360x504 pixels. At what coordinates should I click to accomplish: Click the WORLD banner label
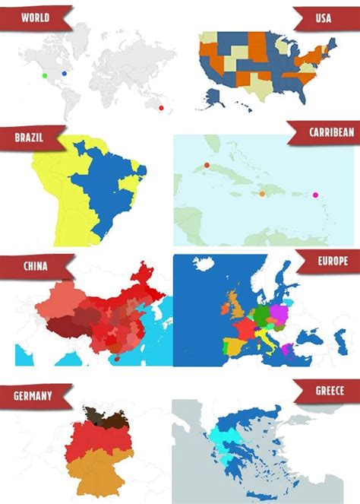(36, 16)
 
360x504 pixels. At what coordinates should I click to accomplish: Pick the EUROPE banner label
(332, 261)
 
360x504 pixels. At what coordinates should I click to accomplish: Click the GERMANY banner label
(33, 395)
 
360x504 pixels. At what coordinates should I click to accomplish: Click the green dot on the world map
(45, 75)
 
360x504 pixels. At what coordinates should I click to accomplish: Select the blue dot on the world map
(65, 73)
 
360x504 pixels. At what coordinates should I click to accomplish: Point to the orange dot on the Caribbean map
(262, 193)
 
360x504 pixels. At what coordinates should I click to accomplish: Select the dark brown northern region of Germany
(96, 415)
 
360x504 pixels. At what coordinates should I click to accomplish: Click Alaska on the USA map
(214, 94)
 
